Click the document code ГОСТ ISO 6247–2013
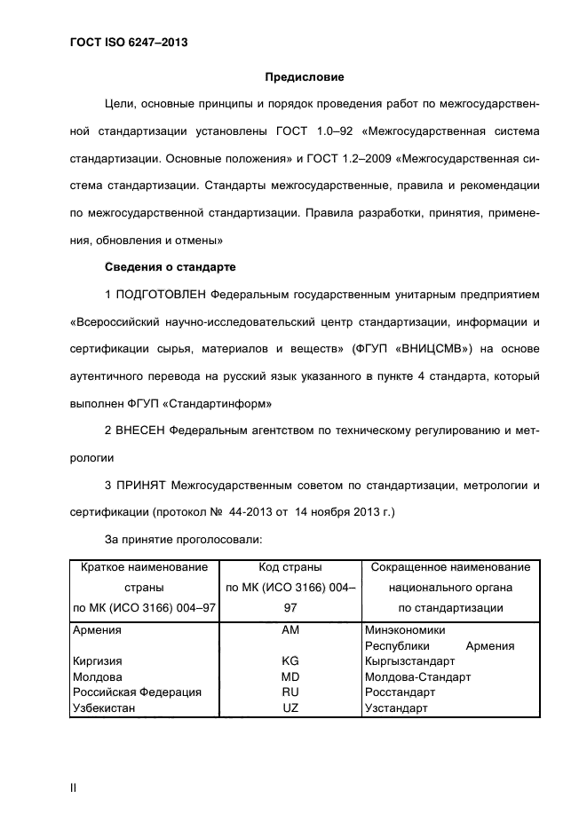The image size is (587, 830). pos(130,42)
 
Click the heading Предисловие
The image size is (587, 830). pos(306,76)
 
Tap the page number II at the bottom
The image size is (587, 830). pos(74,787)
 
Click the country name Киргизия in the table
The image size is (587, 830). pos(97,661)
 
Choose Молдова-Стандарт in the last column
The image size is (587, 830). pos(417,677)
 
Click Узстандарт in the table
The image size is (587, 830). pos(396,708)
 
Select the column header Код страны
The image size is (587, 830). pos(290,567)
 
